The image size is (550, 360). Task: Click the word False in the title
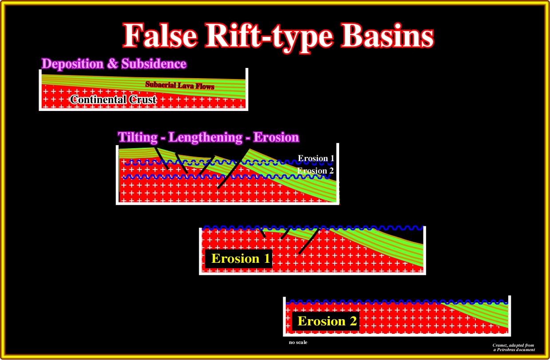click(x=160, y=35)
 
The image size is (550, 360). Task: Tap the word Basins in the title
click(x=388, y=36)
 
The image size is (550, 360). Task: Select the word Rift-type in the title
click(x=269, y=37)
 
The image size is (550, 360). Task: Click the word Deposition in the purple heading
click(x=73, y=64)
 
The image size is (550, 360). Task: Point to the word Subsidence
click(x=154, y=63)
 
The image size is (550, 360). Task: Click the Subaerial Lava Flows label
click(x=180, y=85)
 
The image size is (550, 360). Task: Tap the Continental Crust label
click(x=113, y=100)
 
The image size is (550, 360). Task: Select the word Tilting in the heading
click(x=138, y=137)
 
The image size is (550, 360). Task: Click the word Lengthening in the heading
click(x=206, y=138)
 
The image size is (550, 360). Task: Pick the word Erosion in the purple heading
click(x=276, y=137)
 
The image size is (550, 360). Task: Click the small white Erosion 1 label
click(x=316, y=158)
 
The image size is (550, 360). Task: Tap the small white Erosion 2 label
click(x=316, y=170)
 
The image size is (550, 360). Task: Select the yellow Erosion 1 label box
click(x=239, y=259)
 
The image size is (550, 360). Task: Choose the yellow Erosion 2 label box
click(x=325, y=321)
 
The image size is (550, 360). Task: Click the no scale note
click(x=298, y=342)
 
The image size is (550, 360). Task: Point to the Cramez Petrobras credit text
click(x=514, y=348)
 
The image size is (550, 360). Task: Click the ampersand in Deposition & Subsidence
click(x=113, y=64)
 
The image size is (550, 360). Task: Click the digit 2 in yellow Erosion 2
click(x=353, y=321)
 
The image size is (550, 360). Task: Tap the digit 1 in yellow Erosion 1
click(x=267, y=259)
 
